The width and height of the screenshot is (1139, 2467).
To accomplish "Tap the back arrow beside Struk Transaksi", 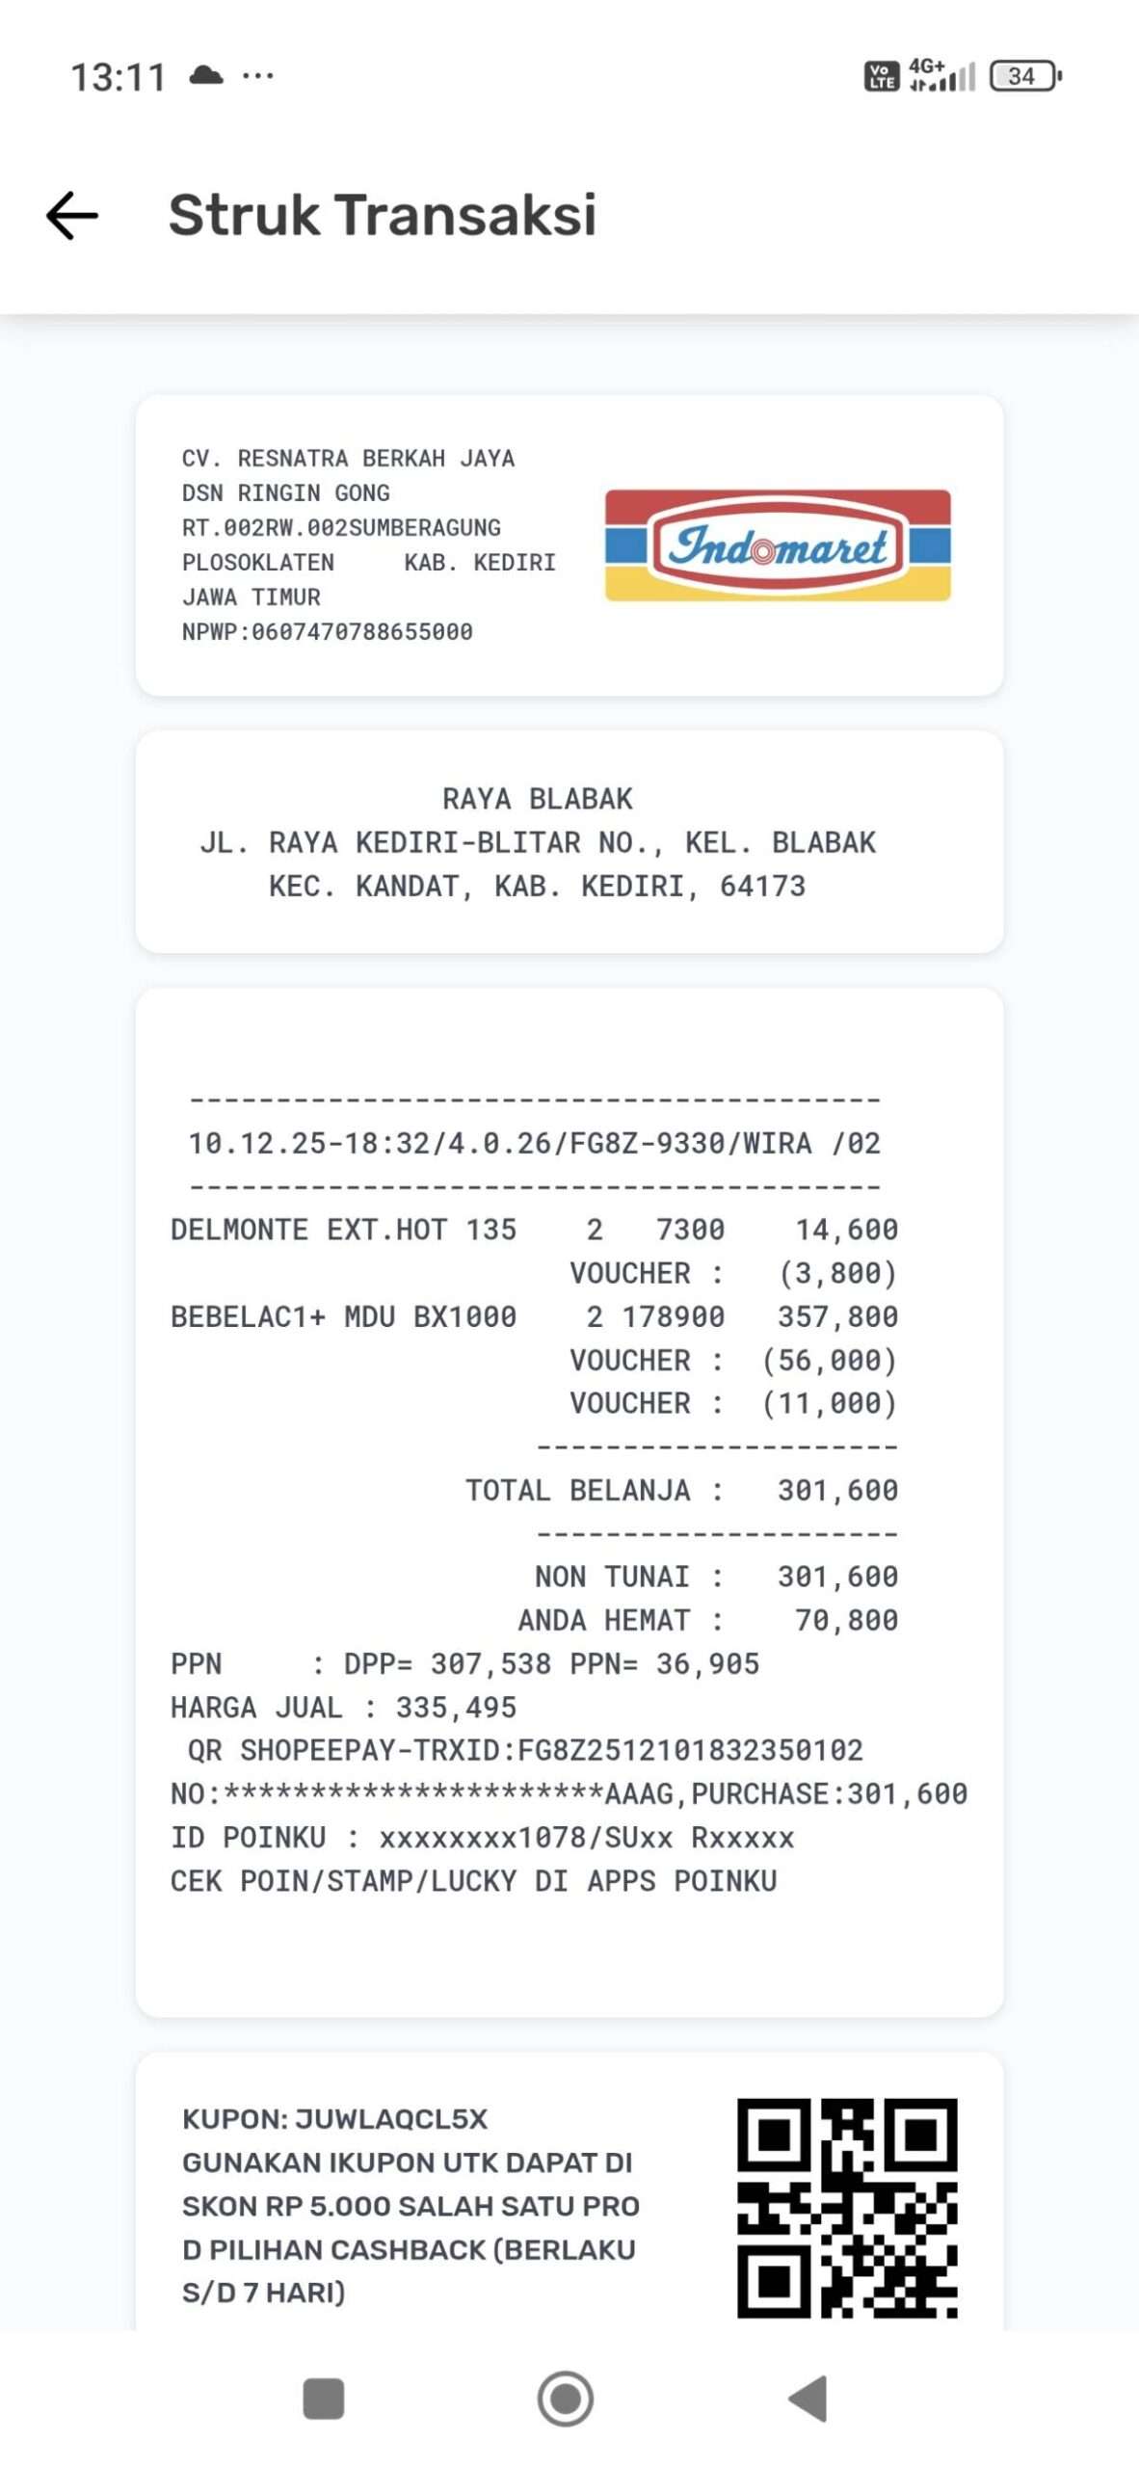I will (x=72, y=215).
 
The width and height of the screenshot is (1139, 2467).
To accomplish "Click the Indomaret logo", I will (x=777, y=545).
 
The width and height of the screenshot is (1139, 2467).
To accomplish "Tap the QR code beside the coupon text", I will (x=847, y=2207).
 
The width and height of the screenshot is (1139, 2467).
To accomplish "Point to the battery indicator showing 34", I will (x=1024, y=76).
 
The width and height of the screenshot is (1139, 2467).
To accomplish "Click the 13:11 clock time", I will (x=119, y=77).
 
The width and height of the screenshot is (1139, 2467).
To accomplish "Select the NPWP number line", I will (x=327, y=632).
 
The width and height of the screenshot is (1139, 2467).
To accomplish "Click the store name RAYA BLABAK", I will (x=537, y=799).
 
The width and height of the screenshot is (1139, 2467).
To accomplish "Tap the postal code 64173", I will (x=762, y=886).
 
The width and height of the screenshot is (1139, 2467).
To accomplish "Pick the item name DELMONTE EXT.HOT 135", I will (x=343, y=1230).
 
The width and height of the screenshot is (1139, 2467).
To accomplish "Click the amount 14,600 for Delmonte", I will (x=846, y=1230).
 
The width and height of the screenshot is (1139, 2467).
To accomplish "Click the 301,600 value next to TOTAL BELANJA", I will (x=837, y=1490).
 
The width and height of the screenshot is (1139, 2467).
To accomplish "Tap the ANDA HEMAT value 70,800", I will (x=846, y=1620).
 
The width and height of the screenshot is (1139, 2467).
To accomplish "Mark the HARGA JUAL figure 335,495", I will (x=456, y=1707).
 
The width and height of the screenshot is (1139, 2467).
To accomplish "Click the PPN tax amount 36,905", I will (x=707, y=1663).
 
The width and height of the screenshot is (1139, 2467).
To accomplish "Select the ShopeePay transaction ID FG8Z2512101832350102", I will (x=690, y=1750).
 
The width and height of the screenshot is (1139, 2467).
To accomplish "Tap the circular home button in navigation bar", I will (x=566, y=2399).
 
